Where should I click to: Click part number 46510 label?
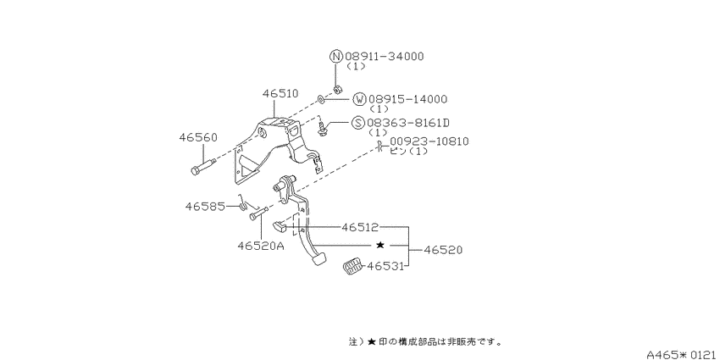click(280, 94)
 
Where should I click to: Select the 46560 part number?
click(198, 138)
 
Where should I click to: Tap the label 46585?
click(204, 207)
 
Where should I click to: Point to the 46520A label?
click(261, 246)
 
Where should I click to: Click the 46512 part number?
click(359, 227)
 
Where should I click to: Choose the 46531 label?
click(385, 265)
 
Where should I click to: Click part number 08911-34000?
click(385, 57)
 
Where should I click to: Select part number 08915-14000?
click(407, 99)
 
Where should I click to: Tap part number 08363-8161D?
click(408, 123)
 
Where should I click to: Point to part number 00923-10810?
click(429, 141)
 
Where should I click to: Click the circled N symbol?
click(336, 57)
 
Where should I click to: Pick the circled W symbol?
click(359, 99)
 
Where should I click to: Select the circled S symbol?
click(357, 123)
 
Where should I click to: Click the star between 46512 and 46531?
click(380, 245)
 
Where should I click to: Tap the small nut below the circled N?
click(336, 88)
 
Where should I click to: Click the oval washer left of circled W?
click(320, 98)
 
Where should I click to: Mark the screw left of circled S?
click(324, 129)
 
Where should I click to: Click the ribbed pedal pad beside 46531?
click(352, 267)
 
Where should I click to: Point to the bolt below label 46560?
click(203, 166)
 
